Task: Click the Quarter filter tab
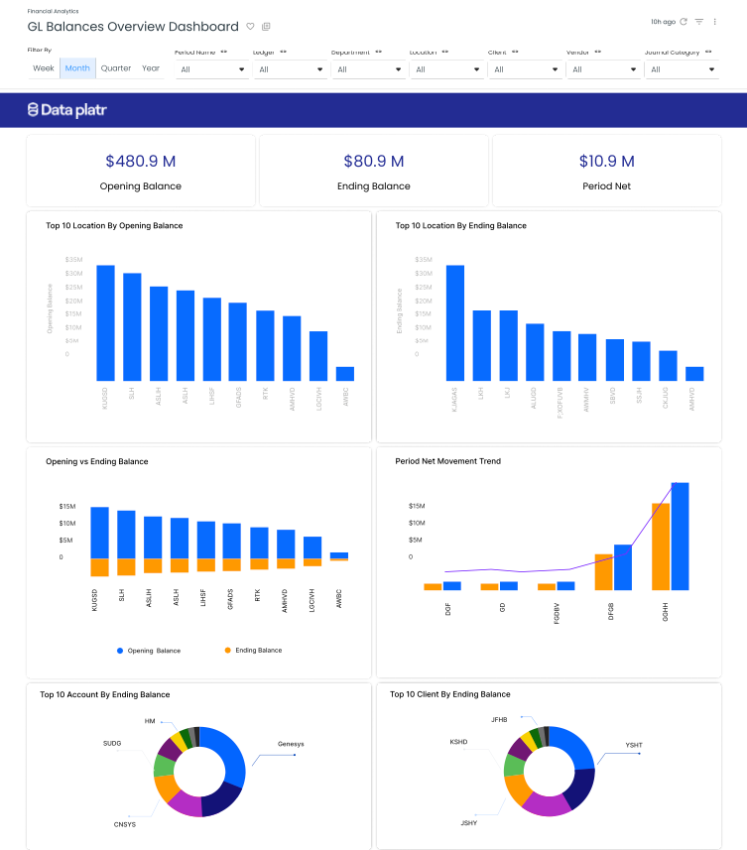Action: coord(116,68)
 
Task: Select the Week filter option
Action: coord(44,68)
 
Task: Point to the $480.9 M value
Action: coord(140,161)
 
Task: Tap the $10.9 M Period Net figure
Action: coord(606,161)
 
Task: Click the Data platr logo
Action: coord(67,110)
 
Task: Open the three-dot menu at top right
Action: coord(715,22)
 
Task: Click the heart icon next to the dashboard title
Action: coord(250,27)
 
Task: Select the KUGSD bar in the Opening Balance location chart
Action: coord(105,322)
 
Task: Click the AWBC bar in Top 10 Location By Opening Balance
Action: coord(345,374)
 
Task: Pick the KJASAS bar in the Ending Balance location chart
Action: coord(455,322)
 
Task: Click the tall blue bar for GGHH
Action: coord(681,536)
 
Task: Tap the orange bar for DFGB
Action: coord(603,571)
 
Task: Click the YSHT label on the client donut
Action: coord(634,744)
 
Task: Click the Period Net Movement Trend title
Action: coord(447,461)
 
